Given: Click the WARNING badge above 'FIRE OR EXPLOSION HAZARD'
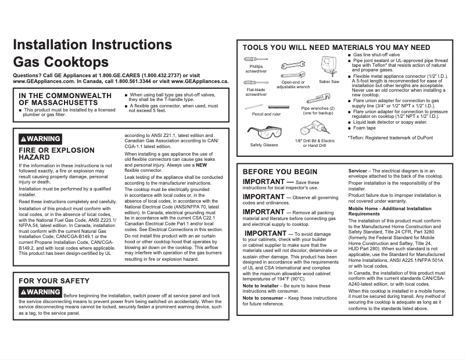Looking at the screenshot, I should tap(40, 139).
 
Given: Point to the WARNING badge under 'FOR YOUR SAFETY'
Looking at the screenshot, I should tap(40, 291).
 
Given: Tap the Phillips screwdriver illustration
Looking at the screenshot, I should tap(255, 59).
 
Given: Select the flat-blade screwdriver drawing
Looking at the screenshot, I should tap(256, 82).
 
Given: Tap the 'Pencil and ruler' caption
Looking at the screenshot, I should tap(267, 114).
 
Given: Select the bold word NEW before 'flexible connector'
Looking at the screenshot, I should tap(202, 165).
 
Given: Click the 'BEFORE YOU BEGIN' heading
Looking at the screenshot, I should tap(279, 172).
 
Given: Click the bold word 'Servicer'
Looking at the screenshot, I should tap(357, 171).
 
